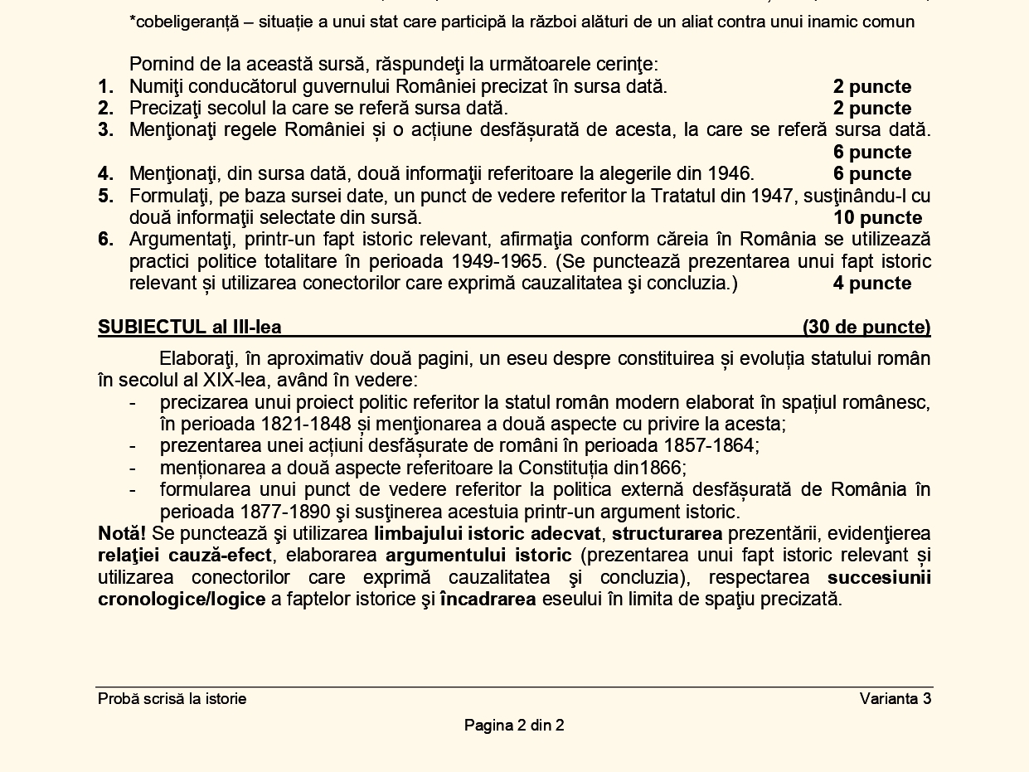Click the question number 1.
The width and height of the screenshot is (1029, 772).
click(105, 87)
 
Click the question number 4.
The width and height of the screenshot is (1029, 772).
click(105, 174)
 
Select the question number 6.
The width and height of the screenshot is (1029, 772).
click(105, 240)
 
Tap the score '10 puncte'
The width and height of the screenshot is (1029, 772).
click(877, 218)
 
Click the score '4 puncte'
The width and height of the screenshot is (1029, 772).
click(871, 284)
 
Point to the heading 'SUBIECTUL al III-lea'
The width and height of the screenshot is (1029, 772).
click(190, 328)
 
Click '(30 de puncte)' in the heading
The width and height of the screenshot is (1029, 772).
click(866, 328)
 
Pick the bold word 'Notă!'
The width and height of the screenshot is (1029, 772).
click(122, 533)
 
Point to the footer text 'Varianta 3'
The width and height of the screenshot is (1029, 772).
click(896, 699)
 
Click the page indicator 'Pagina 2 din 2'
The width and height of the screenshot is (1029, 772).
click(514, 726)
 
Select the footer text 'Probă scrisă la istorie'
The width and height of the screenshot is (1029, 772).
click(172, 699)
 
